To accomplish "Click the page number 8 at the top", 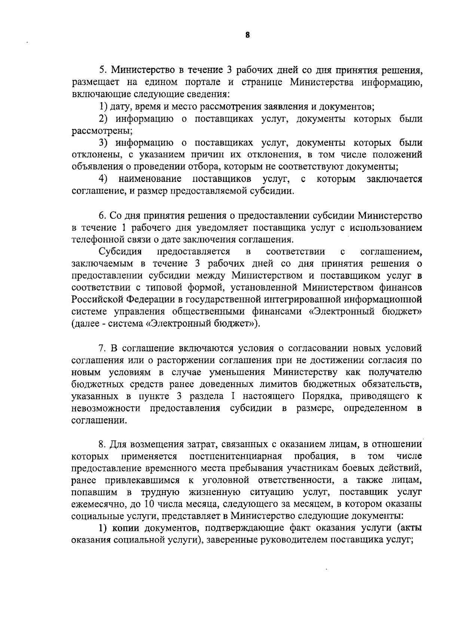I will [x=247, y=35].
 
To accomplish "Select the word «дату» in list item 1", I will [x=119, y=107].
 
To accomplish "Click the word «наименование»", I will [x=150, y=179].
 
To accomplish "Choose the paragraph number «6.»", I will [x=103, y=216].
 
